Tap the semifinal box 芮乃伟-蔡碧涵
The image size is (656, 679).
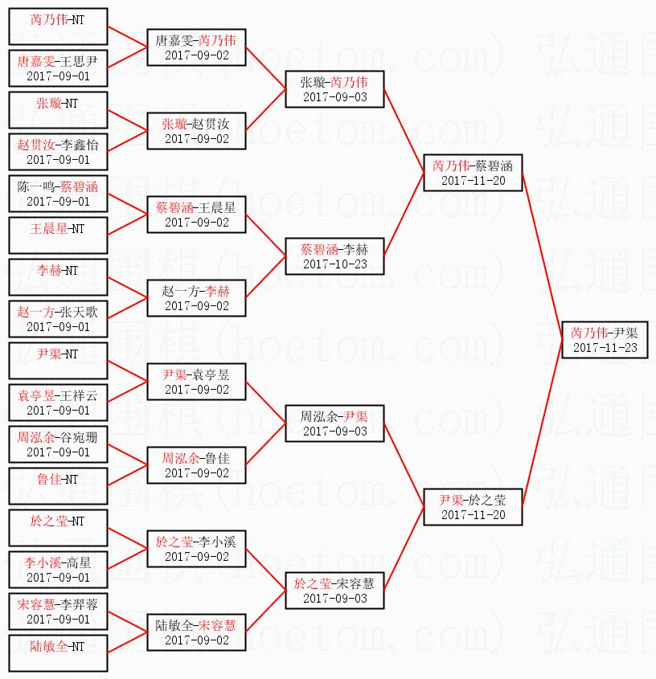[x=473, y=172]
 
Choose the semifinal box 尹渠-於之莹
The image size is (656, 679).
[x=473, y=506]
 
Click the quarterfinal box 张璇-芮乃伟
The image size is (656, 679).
[x=334, y=88]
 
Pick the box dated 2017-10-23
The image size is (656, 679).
[x=334, y=256]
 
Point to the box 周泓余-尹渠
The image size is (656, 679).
[x=334, y=423]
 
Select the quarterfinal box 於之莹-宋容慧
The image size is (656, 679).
[x=334, y=590]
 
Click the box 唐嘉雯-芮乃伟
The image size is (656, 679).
[x=196, y=47]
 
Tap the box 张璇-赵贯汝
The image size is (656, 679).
[x=196, y=130]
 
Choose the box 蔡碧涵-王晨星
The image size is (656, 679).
[x=196, y=214]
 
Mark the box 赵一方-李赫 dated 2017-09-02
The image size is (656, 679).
[x=196, y=297]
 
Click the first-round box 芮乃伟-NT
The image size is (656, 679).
[x=58, y=26]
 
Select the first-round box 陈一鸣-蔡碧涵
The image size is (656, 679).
[x=58, y=193]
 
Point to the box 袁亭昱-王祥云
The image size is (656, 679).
[x=58, y=402]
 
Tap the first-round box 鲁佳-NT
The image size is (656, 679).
[x=58, y=485]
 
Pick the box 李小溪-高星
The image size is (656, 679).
[x=58, y=569]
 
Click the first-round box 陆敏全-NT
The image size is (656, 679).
[x=58, y=652]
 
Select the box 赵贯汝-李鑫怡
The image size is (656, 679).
[x=58, y=151]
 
